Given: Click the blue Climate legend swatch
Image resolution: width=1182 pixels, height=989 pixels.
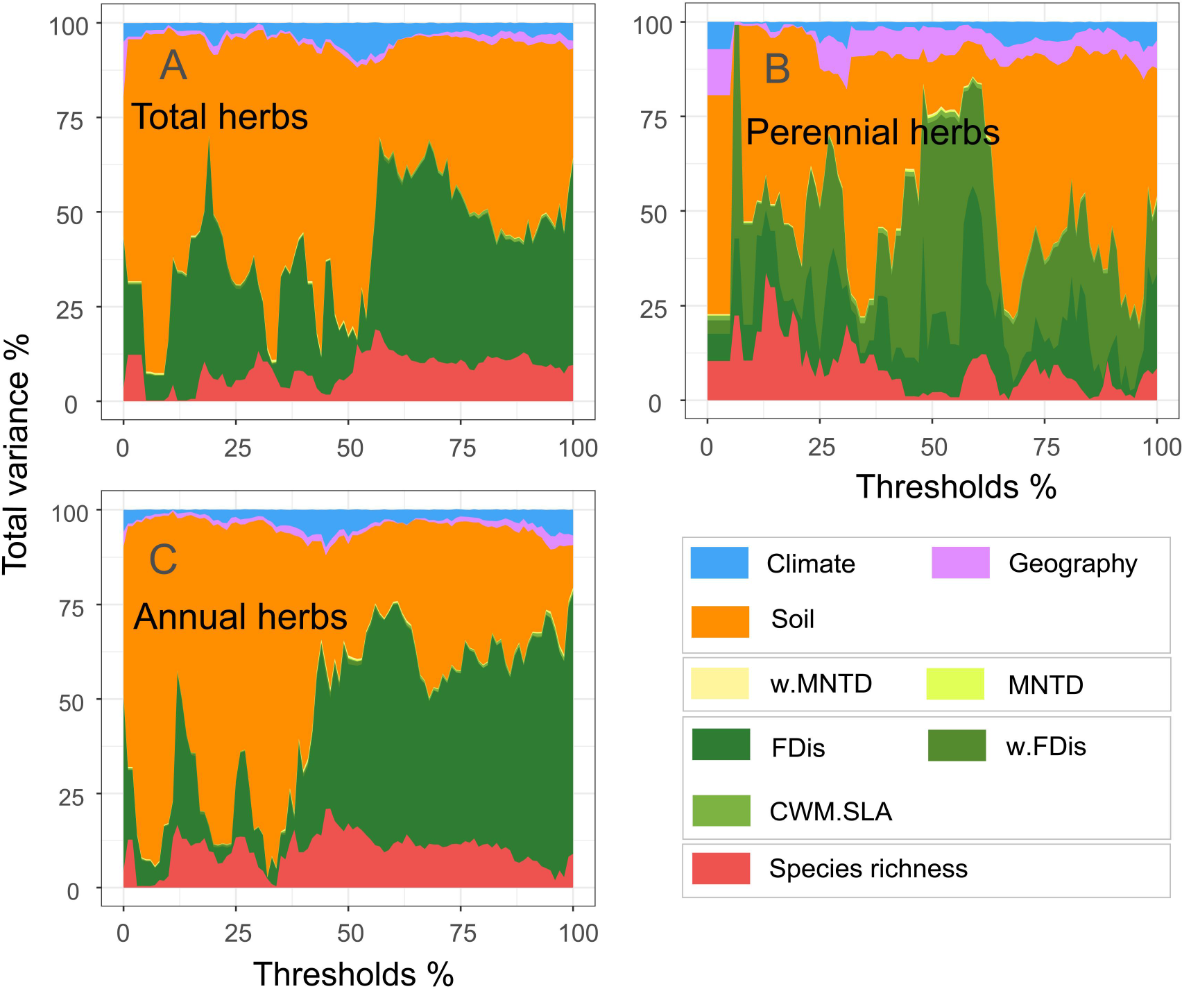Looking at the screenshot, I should coord(719,563).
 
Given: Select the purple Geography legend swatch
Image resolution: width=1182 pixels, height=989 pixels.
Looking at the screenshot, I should coord(960,563).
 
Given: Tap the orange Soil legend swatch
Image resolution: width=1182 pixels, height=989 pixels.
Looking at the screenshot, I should coord(720,621).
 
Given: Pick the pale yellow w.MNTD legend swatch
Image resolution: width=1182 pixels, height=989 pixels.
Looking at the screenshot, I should coord(720,684).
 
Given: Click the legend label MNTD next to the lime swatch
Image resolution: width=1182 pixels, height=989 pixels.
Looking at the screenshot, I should coord(1045,685).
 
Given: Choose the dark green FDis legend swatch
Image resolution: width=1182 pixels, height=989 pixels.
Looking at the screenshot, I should coord(721,745).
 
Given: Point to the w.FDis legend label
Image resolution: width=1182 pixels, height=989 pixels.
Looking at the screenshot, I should coord(1045,746).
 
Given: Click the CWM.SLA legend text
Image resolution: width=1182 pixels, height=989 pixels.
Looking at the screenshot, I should coord(830,811).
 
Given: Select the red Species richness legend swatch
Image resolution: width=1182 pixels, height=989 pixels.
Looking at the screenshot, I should coord(721,868).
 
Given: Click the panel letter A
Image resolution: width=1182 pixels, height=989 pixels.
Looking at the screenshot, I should coord(173,66).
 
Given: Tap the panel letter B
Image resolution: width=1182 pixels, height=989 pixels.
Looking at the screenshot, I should coord(777,69).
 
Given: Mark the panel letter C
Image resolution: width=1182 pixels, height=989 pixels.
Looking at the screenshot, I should coord(163,559).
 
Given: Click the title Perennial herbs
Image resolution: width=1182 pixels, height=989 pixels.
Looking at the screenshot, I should coord(872,132).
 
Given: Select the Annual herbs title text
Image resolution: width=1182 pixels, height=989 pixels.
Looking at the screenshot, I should coord(240,616).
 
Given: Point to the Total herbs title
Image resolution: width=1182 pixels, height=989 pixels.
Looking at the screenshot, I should coord(219,116).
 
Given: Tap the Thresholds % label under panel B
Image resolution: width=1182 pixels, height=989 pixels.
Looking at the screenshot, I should coord(955,487).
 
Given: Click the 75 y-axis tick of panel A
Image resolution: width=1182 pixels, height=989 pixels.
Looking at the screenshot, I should coord(69,121).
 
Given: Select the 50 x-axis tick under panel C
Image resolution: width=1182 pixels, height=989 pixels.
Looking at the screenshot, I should coord(350,933).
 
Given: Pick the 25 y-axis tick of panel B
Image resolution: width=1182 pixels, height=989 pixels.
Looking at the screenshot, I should coord(653,309).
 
